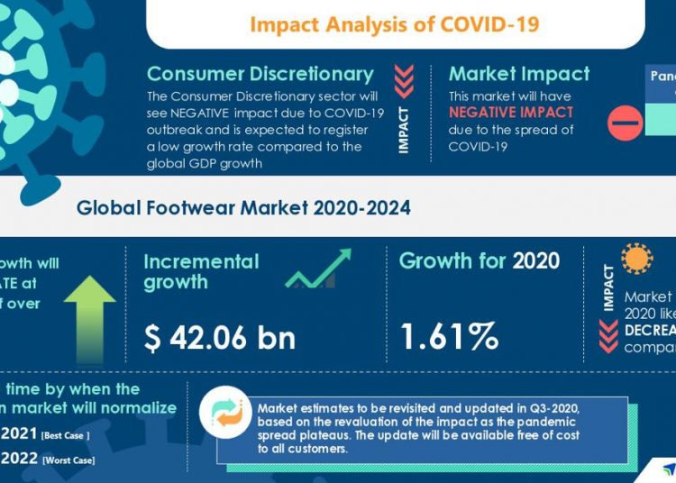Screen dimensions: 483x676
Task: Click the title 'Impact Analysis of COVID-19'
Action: tap(394, 23)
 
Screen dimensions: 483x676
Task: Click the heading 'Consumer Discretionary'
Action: tap(260, 74)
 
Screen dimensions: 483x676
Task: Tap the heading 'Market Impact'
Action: tap(519, 74)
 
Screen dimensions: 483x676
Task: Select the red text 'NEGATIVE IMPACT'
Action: tap(511, 113)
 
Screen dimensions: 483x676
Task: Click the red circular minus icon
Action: tap(625, 123)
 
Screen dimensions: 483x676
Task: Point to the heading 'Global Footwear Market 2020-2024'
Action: tap(243, 208)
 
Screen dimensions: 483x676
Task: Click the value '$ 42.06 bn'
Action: tap(220, 337)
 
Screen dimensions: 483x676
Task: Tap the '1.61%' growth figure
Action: tap(449, 337)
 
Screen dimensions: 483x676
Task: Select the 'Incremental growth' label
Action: tap(201, 271)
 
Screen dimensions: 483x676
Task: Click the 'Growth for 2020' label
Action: tap(479, 261)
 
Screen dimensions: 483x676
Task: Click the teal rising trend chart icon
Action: tap(317, 269)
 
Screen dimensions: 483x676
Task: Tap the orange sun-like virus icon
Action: tap(637, 259)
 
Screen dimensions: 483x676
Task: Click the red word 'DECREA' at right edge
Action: tap(649, 330)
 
